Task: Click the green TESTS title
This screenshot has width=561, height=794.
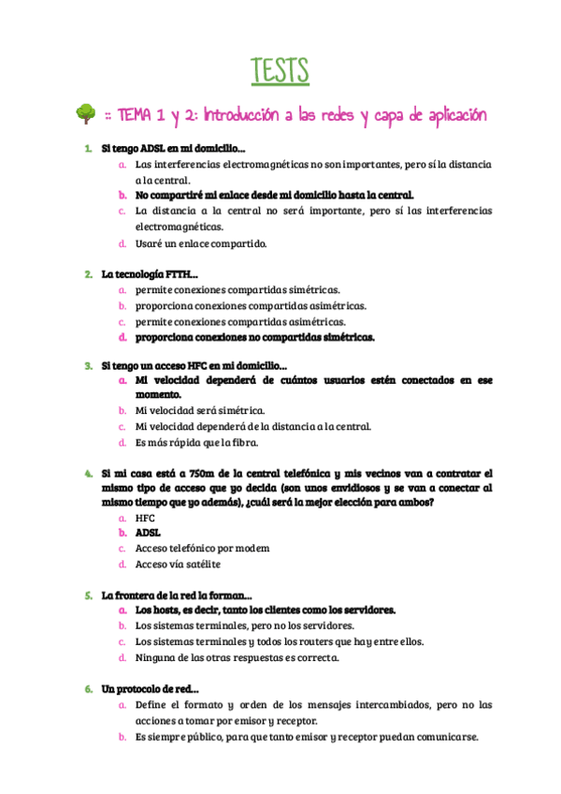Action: click(x=280, y=70)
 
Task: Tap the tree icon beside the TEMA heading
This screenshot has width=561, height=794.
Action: click(x=85, y=114)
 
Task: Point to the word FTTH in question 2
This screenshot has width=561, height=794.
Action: click(x=176, y=274)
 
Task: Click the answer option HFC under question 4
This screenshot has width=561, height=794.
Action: click(x=145, y=517)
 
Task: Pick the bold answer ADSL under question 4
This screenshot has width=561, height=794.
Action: click(x=148, y=532)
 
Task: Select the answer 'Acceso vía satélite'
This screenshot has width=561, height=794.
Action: click(x=178, y=564)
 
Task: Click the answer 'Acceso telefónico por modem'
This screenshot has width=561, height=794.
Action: click(x=202, y=548)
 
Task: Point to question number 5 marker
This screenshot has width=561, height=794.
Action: click(x=87, y=595)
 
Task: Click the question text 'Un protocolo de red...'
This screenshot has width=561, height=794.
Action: click(x=150, y=689)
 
